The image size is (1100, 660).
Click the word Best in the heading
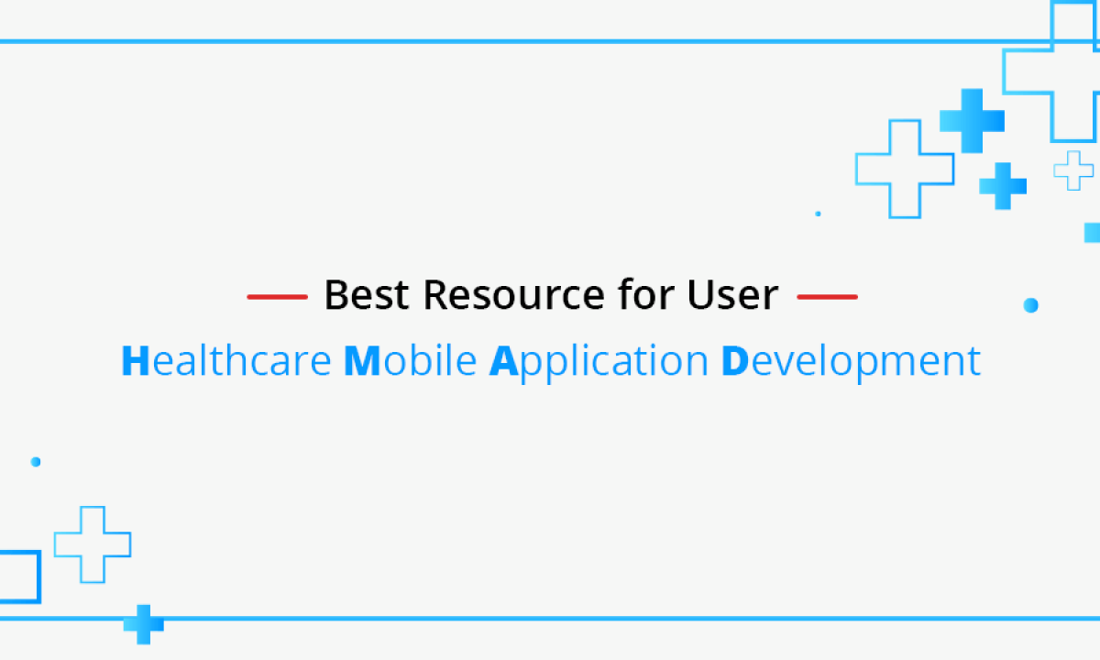tap(367, 294)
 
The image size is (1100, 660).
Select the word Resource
tap(513, 294)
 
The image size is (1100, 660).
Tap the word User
tap(732, 294)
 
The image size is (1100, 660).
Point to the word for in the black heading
tap(646, 293)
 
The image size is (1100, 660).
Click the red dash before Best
tap(278, 297)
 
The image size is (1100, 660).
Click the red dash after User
tap(828, 297)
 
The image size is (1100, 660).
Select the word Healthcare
tap(226, 360)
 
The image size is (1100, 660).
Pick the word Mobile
tap(410, 360)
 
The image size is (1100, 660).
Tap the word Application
tap(599, 362)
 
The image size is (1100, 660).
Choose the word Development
tap(851, 362)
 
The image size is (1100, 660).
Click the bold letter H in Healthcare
tap(135, 360)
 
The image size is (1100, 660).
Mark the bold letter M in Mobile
tap(362, 360)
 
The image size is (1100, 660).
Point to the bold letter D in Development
tap(734, 360)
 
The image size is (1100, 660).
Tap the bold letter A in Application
tap(503, 360)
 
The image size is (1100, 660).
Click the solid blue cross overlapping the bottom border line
tap(143, 624)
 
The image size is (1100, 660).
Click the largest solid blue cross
tap(972, 121)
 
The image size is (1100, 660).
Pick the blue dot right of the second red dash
tap(1030, 305)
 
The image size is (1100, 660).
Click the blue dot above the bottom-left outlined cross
tap(36, 462)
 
